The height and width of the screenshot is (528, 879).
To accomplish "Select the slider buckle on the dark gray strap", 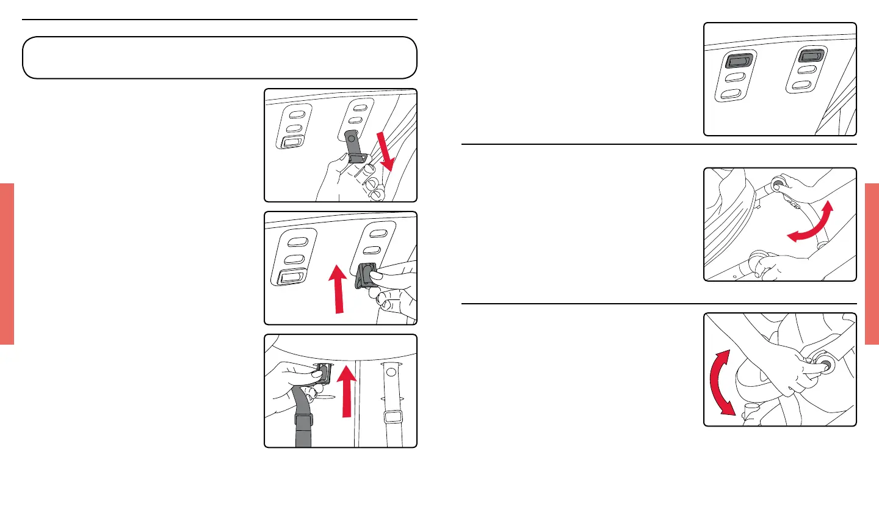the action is [304, 420].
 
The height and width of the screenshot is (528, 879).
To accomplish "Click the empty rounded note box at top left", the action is [220, 57].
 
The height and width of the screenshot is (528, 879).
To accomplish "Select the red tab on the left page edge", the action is [7, 263].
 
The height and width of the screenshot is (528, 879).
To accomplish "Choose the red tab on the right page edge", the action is [872, 263].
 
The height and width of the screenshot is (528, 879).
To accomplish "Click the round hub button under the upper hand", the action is [779, 183].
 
